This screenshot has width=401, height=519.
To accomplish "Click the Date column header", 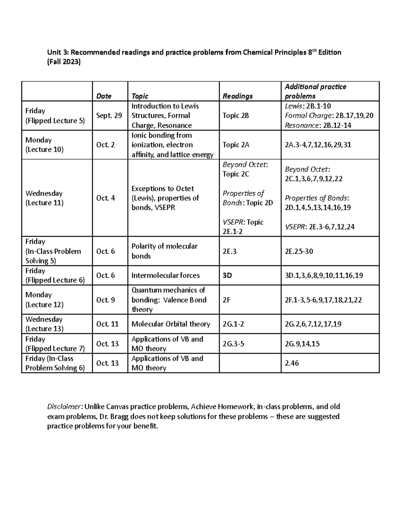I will pos(104,96).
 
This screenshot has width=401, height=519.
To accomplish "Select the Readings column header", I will pos(238,96).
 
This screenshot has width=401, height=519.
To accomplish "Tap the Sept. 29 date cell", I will pos(109,116).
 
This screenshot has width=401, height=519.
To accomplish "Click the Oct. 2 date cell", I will pos(106,145).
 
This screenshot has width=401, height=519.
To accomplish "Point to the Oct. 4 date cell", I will pos(106,198).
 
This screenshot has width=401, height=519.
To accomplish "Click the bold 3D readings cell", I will pos(227,276).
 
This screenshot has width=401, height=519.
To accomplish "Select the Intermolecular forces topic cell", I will pos(165,276).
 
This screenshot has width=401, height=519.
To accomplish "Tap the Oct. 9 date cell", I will pos(106,300).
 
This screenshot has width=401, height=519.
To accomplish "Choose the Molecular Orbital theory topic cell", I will pos(171,324).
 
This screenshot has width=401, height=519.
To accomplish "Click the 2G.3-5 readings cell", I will pos(233,344).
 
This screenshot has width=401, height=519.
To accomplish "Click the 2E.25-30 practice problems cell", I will pos(299,251).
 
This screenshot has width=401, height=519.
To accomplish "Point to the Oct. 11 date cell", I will pos(107,324).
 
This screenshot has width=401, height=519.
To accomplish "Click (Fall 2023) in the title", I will pos(64,62).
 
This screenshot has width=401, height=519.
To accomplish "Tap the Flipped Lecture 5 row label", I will pos(55,121).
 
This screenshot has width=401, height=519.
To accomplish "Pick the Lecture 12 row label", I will pos(44,304).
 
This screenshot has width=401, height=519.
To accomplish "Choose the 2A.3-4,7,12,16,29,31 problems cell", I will pos(318,145).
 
